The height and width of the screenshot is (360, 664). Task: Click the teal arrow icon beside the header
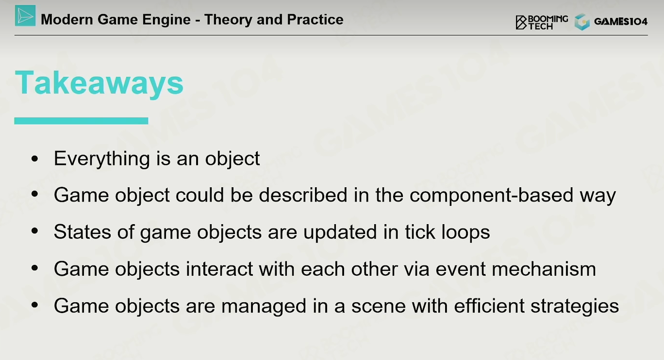pyautogui.click(x=25, y=16)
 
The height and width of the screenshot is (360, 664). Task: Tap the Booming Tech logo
pyautogui.click(x=542, y=22)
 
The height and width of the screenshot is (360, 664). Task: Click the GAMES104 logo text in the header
pyautogui.click(x=621, y=22)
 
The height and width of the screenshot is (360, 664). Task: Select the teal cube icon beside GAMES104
pyautogui.click(x=582, y=22)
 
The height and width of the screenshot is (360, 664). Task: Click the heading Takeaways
pyautogui.click(x=99, y=83)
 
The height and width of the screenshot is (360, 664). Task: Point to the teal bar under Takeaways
pyautogui.click(x=81, y=121)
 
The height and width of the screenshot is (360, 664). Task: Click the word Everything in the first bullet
pyautogui.click(x=101, y=159)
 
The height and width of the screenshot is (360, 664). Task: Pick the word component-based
pyautogui.click(x=492, y=195)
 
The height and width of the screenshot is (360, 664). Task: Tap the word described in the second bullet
pyautogui.click(x=303, y=195)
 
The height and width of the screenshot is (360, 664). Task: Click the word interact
pyautogui.click(x=219, y=269)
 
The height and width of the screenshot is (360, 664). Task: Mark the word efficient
pyautogui.click(x=489, y=306)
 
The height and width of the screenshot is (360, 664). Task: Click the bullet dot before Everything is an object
pyautogui.click(x=34, y=159)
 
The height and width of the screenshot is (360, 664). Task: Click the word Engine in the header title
pyautogui.click(x=166, y=20)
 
